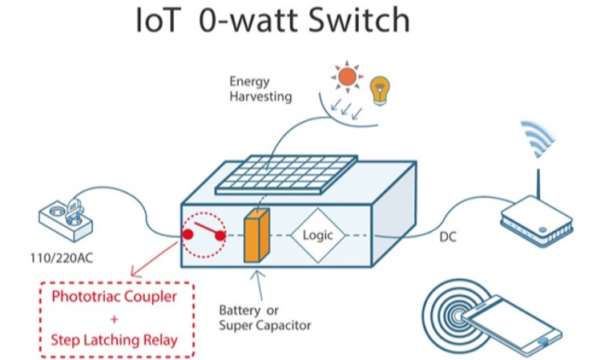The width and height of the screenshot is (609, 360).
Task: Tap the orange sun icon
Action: click(x=346, y=77)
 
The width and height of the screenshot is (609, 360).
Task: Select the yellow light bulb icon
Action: click(x=379, y=88)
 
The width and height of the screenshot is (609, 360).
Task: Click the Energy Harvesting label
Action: click(x=260, y=88)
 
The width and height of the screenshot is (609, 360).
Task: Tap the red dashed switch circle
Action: click(x=205, y=235)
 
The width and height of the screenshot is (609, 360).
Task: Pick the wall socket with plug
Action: click(x=69, y=218)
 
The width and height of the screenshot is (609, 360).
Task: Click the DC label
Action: click(x=449, y=237)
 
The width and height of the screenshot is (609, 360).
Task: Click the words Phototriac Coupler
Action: click(x=114, y=296)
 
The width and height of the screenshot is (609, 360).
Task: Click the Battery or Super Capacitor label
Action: click(x=264, y=318)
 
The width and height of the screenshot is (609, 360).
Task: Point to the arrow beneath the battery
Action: click(x=258, y=285)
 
